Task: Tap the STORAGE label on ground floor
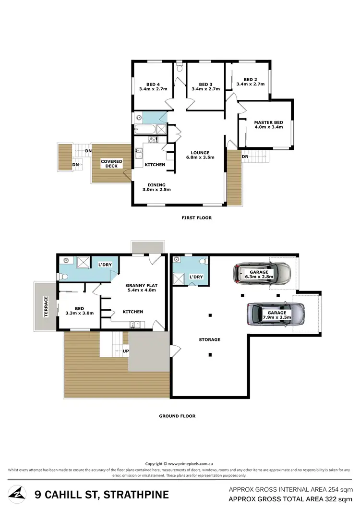pos(210,339)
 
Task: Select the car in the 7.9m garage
pos(276,314)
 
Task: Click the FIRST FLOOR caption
pos(196,218)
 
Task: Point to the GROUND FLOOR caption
pos(177,416)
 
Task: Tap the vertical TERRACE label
pos(46,305)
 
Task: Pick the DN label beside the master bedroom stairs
pos(245,157)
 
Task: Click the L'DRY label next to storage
pos(195,278)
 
